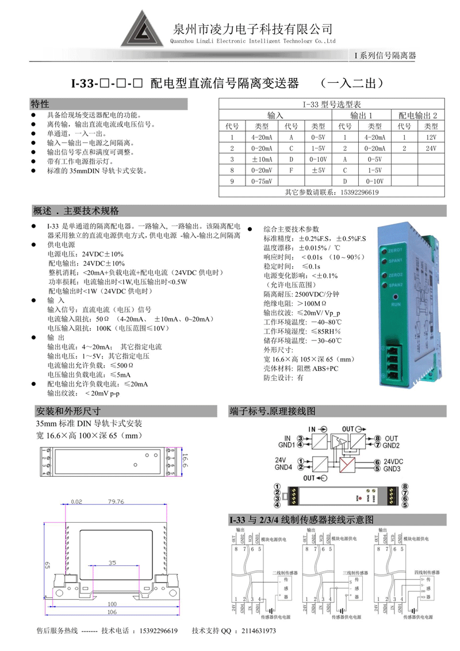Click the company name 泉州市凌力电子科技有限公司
[253, 29]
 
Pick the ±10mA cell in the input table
[261, 159]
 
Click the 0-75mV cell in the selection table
[261, 181]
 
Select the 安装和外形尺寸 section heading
[68, 411]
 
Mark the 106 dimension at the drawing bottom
[112, 612]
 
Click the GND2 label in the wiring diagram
[391, 445]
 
